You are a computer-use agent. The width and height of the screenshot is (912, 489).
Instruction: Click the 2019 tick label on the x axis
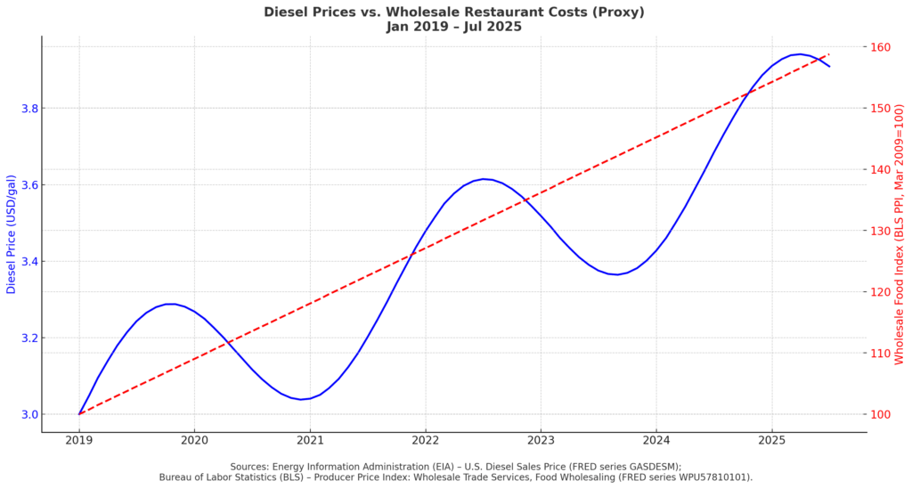point(79,439)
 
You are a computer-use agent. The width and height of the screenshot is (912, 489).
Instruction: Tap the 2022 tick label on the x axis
point(426,439)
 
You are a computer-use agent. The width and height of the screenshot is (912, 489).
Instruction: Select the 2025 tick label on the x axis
point(771,439)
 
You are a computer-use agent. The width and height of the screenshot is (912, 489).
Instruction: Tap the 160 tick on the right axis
point(883,47)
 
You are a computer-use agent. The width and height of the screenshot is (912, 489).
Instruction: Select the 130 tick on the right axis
point(883,231)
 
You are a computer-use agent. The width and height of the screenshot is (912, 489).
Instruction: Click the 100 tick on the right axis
point(883,414)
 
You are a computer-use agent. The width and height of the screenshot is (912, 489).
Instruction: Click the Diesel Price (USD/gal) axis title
point(12,234)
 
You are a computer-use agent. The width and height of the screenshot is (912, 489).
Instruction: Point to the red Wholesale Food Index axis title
point(899,234)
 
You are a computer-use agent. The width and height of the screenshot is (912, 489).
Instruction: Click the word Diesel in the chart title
point(285,12)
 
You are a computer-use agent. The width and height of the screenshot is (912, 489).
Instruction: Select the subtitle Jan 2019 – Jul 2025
point(454,27)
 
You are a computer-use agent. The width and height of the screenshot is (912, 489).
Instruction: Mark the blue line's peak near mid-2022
point(484,179)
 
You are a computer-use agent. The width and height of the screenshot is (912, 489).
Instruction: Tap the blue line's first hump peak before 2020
point(169,304)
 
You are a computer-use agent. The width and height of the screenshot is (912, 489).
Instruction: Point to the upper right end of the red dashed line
point(829,53)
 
